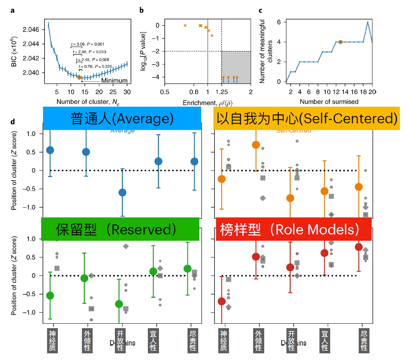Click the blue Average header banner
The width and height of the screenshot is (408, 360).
(122, 119)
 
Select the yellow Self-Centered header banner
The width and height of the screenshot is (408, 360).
(306, 119)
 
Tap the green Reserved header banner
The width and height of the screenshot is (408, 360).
(120, 230)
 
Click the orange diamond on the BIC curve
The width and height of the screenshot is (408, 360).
(79, 77)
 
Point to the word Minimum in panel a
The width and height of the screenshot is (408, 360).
(115, 81)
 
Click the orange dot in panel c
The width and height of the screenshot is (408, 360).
(340, 42)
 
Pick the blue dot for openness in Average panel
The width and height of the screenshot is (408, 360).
(122, 192)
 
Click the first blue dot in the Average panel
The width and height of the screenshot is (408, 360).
(50, 150)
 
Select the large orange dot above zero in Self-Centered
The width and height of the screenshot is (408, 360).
(256, 145)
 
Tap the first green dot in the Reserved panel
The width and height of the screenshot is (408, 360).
(50, 295)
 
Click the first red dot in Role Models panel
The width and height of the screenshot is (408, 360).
(222, 301)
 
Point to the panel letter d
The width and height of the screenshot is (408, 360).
(13, 121)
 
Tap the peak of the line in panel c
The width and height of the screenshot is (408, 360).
(368, 22)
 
